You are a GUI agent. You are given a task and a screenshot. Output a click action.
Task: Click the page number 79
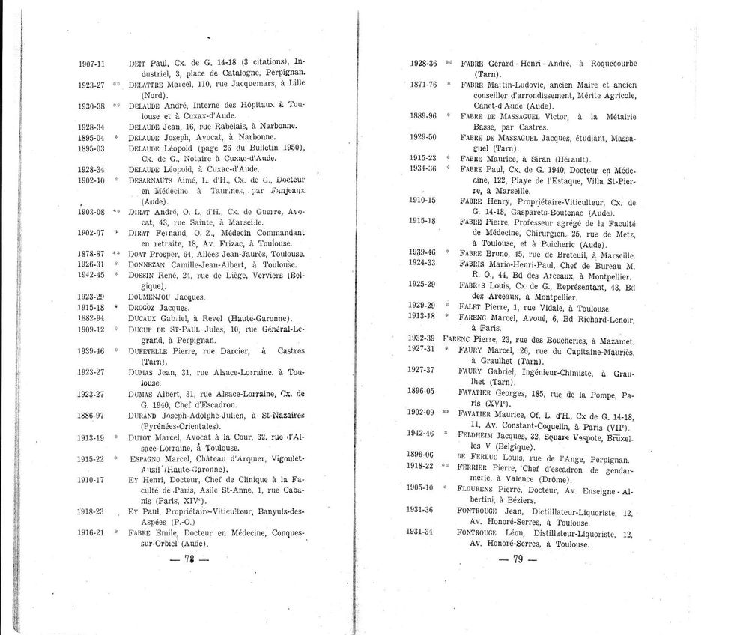coord(520,559)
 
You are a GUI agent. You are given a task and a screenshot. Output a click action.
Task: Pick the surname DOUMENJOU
coord(150,297)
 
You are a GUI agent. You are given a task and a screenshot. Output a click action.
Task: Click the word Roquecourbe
coord(618,64)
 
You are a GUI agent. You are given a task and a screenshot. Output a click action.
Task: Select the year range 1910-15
coord(423,201)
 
